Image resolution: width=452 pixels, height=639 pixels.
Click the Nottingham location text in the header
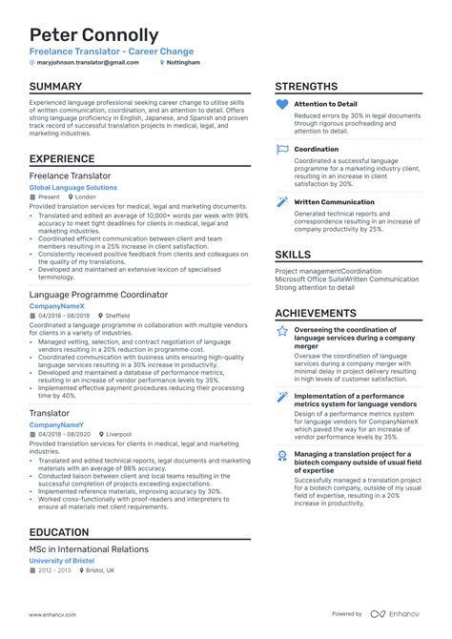tap(184, 62)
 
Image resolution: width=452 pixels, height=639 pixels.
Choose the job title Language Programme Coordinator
tap(99, 296)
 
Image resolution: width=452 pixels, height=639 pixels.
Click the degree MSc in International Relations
tap(89, 549)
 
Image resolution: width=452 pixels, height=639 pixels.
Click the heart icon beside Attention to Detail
tap(281, 103)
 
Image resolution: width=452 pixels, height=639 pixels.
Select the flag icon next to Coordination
tap(281, 150)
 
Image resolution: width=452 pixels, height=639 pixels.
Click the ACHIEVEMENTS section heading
tap(324, 313)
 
